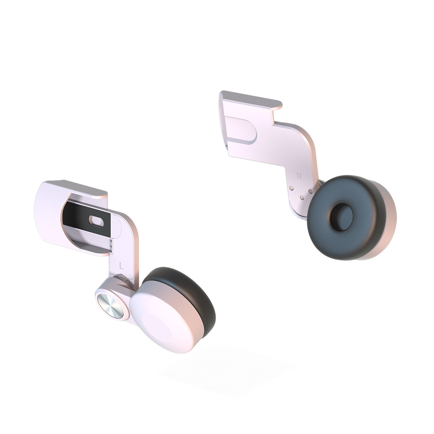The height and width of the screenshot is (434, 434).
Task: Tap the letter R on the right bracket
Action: coord(299,176)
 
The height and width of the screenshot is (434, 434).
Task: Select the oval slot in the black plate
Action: coord(96,221)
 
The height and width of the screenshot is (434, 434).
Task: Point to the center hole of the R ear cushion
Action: coord(342,217)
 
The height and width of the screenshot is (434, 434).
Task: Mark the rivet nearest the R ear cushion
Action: coord(311,191)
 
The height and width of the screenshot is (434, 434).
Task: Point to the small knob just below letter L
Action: coord(121,278)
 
